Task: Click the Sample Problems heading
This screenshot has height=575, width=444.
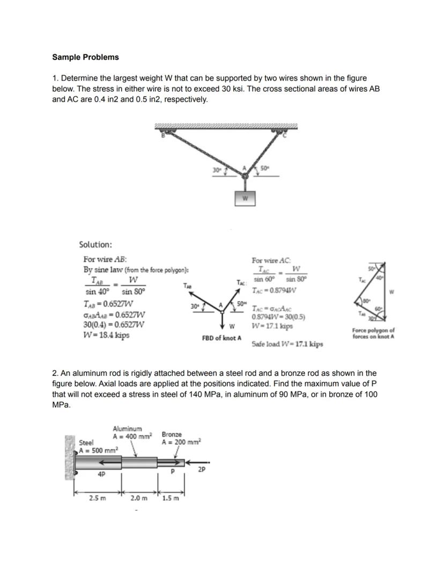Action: pyautogui.click(x=85, y=57)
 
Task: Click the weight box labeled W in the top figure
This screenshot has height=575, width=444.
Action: pyautogui.click(x=245, y=198)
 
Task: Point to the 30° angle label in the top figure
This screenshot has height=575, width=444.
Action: pyautogui.click(x=217, y=170)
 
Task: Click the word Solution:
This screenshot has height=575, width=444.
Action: pyautogui.click(x=95, y=244)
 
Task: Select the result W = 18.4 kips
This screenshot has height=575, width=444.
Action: pyautogui.click(x=106, y=336)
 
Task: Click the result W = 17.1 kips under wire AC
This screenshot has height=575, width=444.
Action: pyautogui.click(x=272, y=326)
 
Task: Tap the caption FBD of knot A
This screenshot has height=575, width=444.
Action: pyautogui.click(x=221, y=339)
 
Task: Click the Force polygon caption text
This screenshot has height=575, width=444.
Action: pyautogui.click(x=373, y=333)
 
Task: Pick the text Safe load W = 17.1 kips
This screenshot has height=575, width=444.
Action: pyautogui.click(x=287, y=344)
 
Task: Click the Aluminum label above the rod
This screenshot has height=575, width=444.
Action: pyautogui.click(x=127, y=428)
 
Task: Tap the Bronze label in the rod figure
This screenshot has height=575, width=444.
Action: pyautogui.click(x=172, y=434)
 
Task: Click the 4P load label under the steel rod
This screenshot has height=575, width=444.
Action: pyautogui.click(x=101, y=474)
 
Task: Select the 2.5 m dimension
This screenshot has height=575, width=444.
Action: pyautogui.click(x=97, y=498)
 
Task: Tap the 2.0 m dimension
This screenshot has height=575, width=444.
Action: pyautogui.click(x=138, y=498)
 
